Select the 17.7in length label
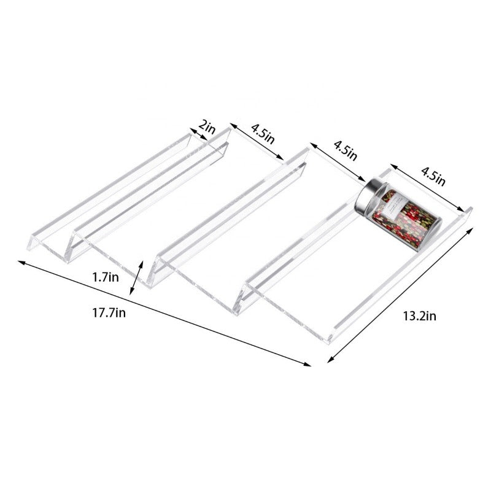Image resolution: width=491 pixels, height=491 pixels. (109, 312)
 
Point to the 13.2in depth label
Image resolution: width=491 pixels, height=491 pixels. (419, 317)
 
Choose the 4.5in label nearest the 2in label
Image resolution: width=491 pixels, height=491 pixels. (262, 132)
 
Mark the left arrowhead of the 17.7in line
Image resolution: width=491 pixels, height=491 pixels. (20, 262)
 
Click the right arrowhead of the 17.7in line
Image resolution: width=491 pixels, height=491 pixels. (309, 365)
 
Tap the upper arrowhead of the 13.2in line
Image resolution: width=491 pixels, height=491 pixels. (471, 228)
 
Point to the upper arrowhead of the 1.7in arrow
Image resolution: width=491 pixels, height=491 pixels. (144, 263)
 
